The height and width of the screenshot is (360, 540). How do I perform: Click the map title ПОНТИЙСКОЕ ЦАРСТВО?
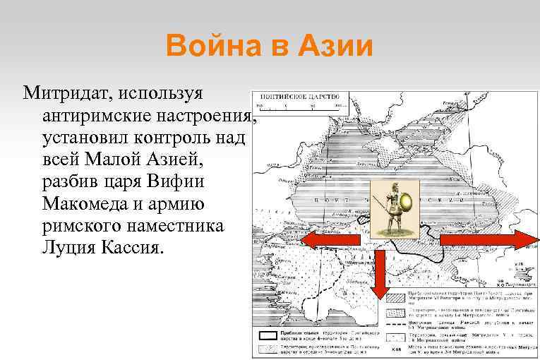tap(299, 96)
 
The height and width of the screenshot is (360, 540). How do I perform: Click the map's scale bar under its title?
tap(297, 107)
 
